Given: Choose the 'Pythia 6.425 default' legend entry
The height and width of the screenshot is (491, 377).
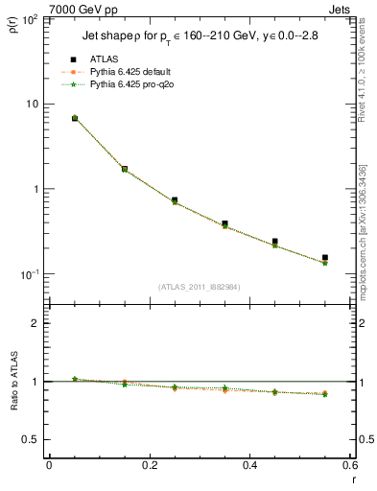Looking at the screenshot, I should [x=130, y=72].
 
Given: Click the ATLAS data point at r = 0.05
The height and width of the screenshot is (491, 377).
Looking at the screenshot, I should [x=74, y=118].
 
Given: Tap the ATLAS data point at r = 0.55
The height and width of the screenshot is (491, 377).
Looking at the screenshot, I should [x=325, y=258].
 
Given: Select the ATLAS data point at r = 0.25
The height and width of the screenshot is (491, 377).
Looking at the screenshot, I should [x=175, y=200].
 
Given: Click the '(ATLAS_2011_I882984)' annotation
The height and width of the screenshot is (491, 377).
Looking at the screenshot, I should [x=199, y=287].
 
